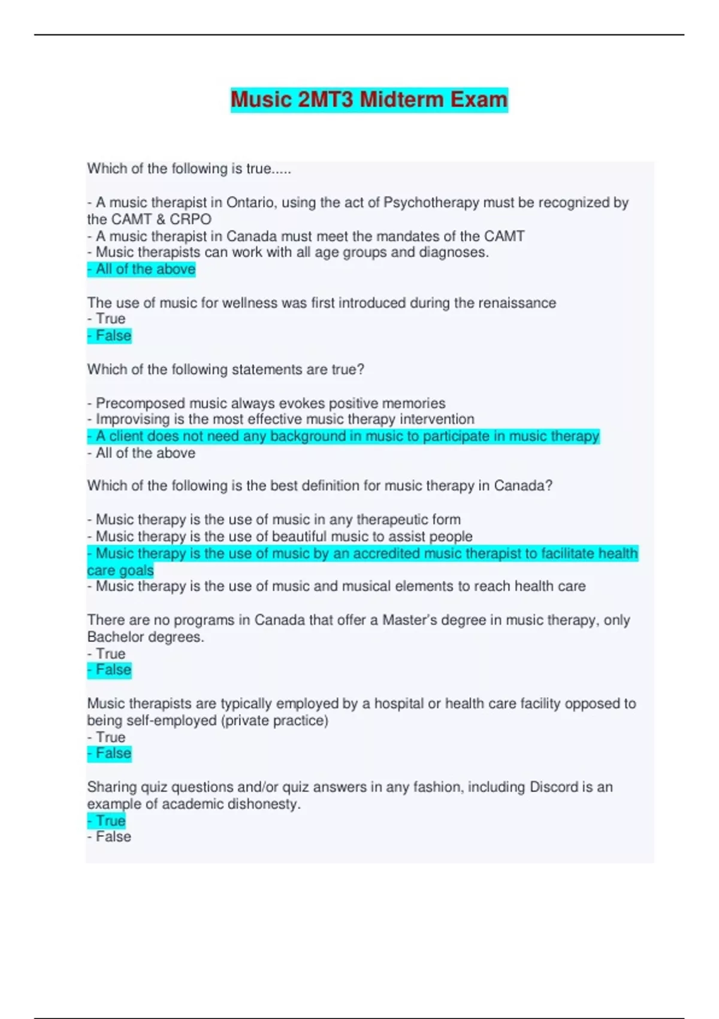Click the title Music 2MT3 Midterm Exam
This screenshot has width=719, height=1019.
click(x=369, y=100)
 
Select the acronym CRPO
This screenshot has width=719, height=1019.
click(x=191, y=219)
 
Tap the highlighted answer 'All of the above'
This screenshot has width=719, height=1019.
click(x=142, y=269)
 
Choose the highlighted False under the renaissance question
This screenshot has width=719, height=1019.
click(x=110, y=336)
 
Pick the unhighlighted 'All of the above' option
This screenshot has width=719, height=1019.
click(x=142, y=453)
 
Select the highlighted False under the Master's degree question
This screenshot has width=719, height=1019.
click(x=110, y=670)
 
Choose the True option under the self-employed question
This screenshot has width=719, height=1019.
click(x=107, y=737)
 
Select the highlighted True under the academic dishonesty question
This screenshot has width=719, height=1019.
click(x=107, y=821)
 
